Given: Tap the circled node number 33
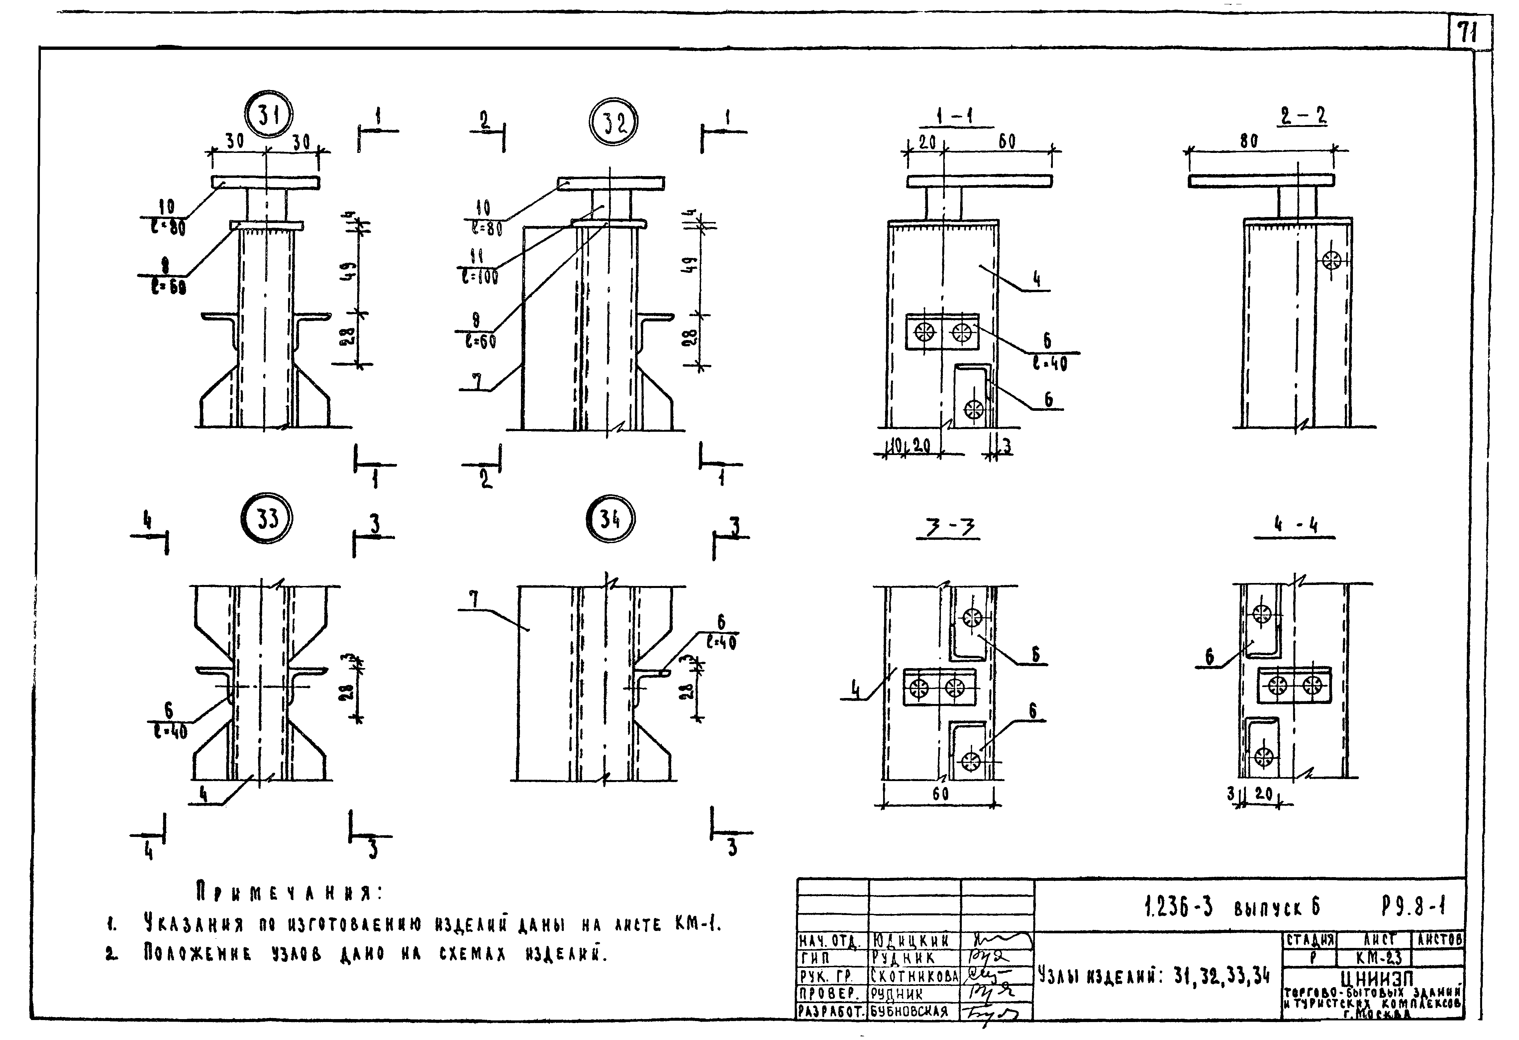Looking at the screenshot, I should tap(267, 519).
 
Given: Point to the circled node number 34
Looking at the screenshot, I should tap(610, 519).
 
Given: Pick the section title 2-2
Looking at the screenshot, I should tap(1303, 116).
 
